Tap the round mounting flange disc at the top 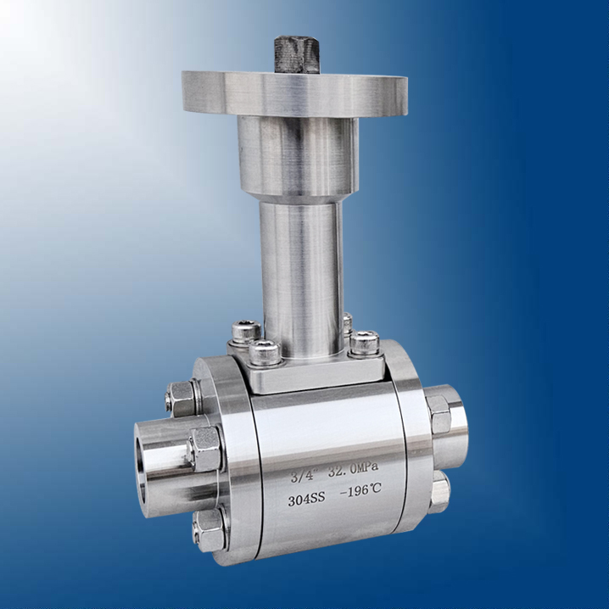coord(295,94)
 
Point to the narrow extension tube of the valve coord(301,277)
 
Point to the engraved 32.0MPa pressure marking coord(354,470)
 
